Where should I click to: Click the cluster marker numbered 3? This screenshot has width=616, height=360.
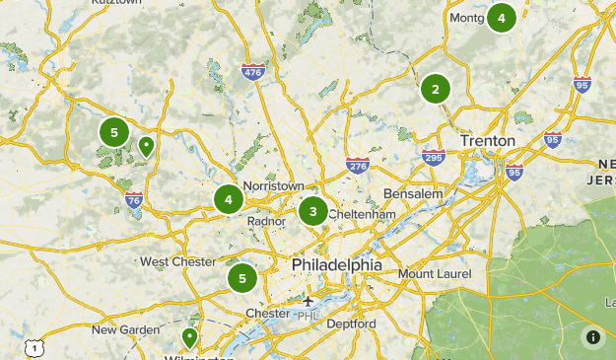[313, 210]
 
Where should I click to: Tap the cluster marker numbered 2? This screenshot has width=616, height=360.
[435, 89]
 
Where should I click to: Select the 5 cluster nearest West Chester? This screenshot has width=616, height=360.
[241, 278]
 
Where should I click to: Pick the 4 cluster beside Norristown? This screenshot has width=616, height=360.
[229, 199]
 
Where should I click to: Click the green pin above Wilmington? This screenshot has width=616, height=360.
[189, 338]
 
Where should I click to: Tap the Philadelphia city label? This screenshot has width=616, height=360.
[336, 265]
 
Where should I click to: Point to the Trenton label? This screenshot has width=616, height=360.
[487, 141]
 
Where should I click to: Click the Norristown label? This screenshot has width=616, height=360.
[274, 185]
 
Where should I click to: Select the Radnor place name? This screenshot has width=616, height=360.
[267, 222]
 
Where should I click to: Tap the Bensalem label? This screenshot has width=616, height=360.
[413, 193]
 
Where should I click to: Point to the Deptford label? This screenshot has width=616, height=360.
[352, 324]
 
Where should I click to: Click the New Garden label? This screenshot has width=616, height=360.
[125, 329]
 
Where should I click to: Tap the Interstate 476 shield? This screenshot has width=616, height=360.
[252, 71]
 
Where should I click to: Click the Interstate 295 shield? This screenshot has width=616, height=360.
[432, 157]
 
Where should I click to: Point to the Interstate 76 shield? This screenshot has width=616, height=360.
[134, 202]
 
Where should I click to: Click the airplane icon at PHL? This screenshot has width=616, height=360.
[308, 301]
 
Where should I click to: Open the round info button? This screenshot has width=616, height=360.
[593, 337]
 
